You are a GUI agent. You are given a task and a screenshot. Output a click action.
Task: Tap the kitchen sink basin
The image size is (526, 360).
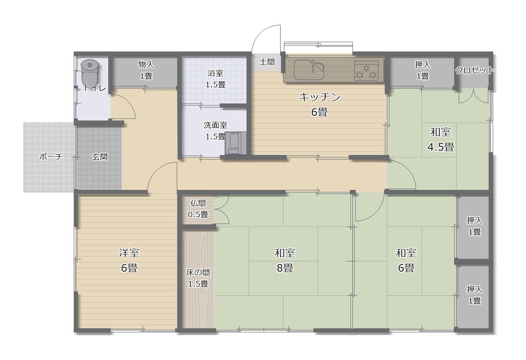click(x=309, y=70)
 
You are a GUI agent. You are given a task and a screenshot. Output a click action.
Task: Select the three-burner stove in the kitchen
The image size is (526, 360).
click(x=366, y=71)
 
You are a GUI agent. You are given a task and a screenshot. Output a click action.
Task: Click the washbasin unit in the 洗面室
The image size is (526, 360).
click(x=235, y=143)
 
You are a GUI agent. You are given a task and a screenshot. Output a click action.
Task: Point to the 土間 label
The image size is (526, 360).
click(x=267, y=62)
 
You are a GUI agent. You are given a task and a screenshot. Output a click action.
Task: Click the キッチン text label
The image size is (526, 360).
click(x=320, y=97)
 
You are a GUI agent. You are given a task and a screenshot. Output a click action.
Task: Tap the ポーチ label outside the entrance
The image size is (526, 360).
click(x=51, y=157)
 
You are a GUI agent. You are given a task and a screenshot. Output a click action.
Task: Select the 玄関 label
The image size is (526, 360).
click(x=100, y=157)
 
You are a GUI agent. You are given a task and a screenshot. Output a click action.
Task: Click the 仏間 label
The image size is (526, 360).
click(x=198, y=203)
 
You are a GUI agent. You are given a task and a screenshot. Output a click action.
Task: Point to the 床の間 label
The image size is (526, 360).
click(x=198, y=272)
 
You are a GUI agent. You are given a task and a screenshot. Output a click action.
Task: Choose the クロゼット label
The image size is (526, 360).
click(x=475, y=70)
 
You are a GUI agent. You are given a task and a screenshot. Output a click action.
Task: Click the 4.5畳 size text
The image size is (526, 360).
click(x=441, y=147)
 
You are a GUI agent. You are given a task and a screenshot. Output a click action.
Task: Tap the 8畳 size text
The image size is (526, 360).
click(x=285, y=268)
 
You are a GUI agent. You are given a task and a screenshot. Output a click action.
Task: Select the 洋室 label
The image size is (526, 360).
click(x=129, y=253)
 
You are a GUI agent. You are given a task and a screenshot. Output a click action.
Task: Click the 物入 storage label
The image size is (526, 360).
click(x=146, y=64)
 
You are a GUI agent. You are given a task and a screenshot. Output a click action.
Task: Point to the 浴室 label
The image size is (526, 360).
click(x=215, y=73)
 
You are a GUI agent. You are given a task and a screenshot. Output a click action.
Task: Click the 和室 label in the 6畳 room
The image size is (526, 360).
click(x=406, y=253)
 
